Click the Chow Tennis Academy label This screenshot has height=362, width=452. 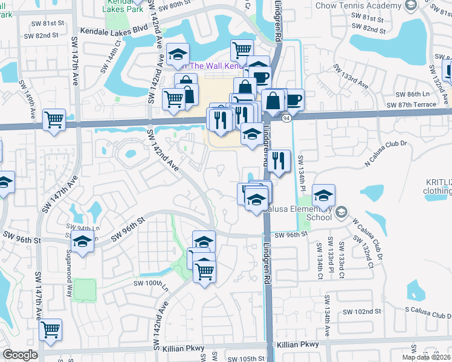click(359, 5)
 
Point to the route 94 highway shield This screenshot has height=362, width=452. click(286, 118)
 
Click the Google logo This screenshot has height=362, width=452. click(20, 355)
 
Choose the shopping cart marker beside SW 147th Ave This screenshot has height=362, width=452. click(54, 118)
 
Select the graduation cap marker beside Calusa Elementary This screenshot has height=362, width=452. click(324, 195)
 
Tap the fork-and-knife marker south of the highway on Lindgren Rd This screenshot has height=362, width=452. click(279, 160)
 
